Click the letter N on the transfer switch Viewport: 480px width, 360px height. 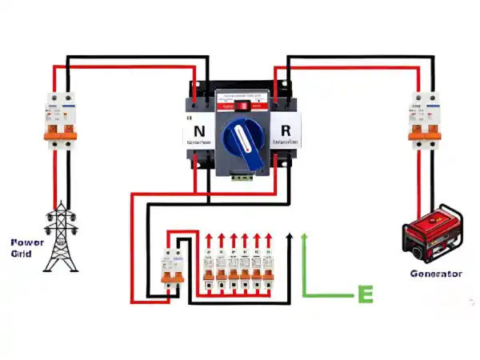tap(200, 129)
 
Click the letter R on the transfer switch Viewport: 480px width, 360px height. tap(285, 129)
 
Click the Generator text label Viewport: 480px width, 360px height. tap(436, 274)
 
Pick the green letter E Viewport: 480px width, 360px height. tap(365, 294)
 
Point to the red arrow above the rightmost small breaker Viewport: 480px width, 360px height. tap(269, 240)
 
